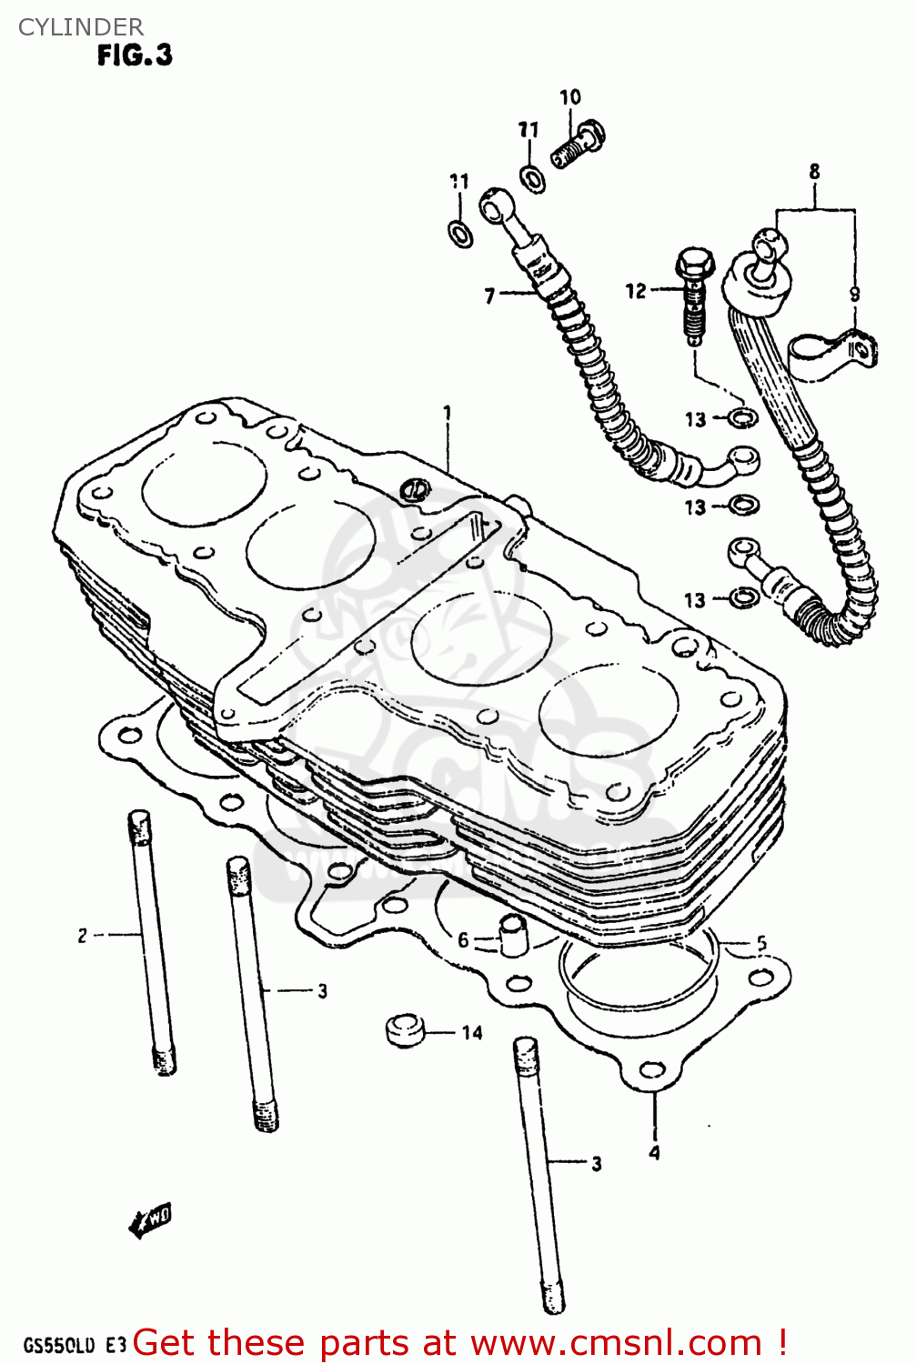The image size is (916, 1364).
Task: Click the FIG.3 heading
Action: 135,55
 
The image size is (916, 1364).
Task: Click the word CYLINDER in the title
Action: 80,27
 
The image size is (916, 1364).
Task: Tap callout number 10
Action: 569,97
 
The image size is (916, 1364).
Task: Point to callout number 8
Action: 814,171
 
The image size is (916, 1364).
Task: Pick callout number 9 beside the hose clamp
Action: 854,294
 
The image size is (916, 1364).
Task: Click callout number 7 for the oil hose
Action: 489,296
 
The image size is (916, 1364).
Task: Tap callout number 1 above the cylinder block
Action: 448,413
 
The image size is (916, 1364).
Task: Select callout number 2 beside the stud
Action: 82,935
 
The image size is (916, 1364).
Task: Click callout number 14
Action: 471,1032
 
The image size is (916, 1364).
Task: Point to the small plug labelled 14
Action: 405,1029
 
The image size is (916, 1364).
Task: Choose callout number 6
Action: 463,939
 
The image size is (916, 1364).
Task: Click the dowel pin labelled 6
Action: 513,936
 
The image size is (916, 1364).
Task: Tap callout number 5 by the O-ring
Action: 761,944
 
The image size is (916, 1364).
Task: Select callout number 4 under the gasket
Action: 654,1153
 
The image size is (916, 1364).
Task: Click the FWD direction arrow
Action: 150,1220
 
